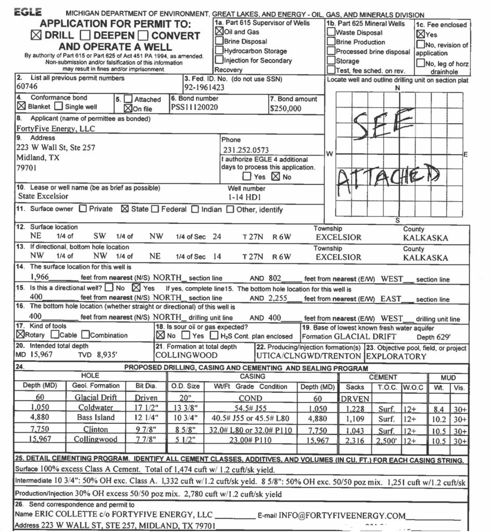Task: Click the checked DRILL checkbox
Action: click(36, 36)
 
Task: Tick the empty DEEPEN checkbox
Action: click(87, 36)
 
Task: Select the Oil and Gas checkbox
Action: click(219, 32)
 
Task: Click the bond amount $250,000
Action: click(285, 109)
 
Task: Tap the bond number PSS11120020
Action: click(194, 108)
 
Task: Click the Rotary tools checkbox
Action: click(20, 335)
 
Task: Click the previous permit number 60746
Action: click(27, 88)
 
